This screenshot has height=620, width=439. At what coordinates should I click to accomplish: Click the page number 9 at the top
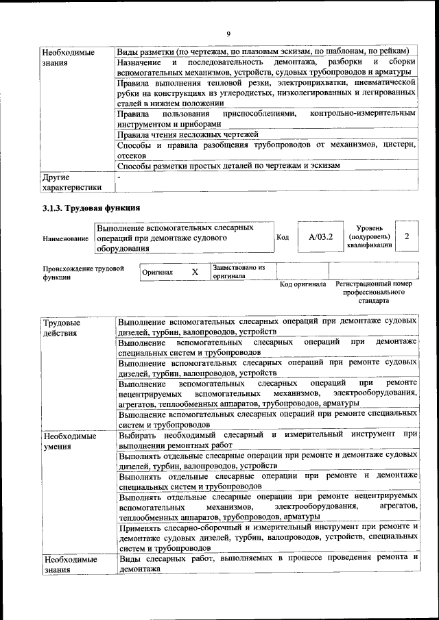click(x=228, y=34)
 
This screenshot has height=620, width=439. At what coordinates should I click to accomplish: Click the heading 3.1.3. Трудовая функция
click(x=91, y=208)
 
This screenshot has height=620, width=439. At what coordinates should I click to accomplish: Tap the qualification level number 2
click(x=407, y=236)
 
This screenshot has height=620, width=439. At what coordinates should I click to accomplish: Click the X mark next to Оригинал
click(x=195, y=272)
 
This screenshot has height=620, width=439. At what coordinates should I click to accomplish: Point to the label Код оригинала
click(x=302, y=284)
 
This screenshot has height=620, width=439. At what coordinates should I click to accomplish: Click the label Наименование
click(x=65, y=238)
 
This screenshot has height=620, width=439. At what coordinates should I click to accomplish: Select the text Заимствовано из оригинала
click(x=239, y=271)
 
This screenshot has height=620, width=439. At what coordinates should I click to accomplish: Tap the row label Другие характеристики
click(x=71, y=182)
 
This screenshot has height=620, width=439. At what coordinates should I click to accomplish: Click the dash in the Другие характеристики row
click(x=119, y=177)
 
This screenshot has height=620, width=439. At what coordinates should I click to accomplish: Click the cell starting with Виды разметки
click(x=263, y=51)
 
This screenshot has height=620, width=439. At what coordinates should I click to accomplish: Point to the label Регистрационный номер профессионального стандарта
click(x=374, y=292)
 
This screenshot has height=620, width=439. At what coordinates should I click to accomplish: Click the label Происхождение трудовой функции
click(x=83, y=273)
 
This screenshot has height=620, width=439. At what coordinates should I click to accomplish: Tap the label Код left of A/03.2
click(x=282, y=238)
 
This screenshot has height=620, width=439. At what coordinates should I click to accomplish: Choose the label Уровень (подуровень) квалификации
click(x=370, y=236)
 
